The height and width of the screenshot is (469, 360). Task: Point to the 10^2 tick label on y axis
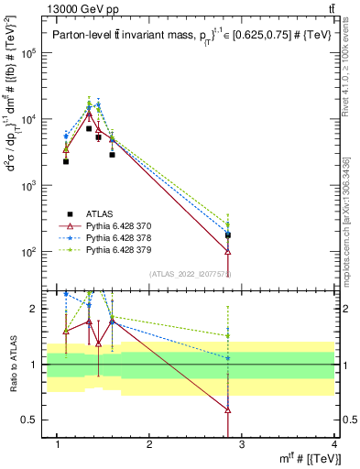[28, 252]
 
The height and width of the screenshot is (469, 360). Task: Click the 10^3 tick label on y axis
[28, 185]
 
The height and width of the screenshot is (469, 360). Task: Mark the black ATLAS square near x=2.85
[227, 235]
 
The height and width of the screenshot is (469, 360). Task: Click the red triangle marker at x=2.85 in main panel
[227, 250]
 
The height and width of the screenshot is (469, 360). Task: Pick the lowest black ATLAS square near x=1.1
[66, 161]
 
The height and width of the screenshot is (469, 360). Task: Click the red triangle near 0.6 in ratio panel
[227, 410]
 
